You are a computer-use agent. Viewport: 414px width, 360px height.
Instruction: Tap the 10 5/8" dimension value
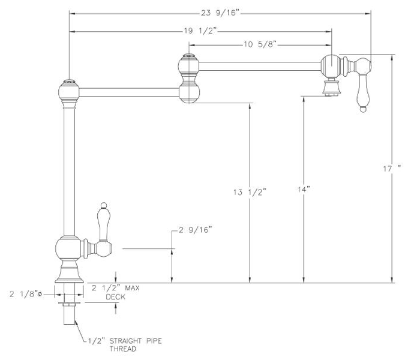259,44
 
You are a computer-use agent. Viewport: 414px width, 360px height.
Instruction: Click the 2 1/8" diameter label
27,295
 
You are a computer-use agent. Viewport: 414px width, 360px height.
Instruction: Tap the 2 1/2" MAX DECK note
115,292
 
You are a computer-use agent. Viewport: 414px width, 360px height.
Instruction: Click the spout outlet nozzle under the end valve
331,88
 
